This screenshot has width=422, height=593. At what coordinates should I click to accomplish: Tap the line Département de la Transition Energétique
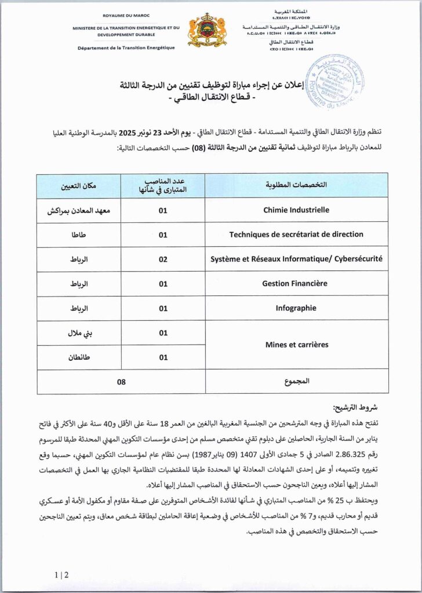(x=126, y=47)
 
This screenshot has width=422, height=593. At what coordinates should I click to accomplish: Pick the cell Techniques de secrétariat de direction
(x=296, y=235)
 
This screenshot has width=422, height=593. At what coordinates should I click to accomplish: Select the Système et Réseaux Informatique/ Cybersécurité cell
(x=296, y=259)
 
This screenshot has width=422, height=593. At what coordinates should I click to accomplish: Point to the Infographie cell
(x=296, y=308)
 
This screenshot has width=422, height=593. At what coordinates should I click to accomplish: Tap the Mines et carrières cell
(x=296, y=345)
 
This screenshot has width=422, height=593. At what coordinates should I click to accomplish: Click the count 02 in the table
(x=163, y=259)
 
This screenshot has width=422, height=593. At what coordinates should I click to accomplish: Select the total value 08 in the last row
(x=121, y=382)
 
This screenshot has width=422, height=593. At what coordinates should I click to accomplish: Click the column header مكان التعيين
(x=79, y=185)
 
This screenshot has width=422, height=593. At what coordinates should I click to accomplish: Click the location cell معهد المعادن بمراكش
(x=79, y=210)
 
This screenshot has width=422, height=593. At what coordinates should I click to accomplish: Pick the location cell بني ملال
(x=79, y=333)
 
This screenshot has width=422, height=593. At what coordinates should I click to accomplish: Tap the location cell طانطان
(x=79, y=357)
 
